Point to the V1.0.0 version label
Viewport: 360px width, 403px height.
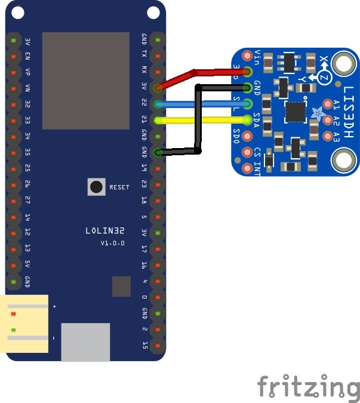click(112, 243)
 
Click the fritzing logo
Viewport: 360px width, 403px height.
click(308, 386)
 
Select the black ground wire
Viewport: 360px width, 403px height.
click(199, 119)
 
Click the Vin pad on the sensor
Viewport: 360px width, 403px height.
click(247, 57)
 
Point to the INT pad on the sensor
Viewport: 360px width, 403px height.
click(247, 169)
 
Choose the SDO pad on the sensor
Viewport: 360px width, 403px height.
click(247, 137)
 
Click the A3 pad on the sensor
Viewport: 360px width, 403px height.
click(327, 137)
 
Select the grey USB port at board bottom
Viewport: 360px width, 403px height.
click(85, 342)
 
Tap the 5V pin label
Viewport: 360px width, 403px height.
click(27, 264)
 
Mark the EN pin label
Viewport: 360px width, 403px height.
click(27, 56)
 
